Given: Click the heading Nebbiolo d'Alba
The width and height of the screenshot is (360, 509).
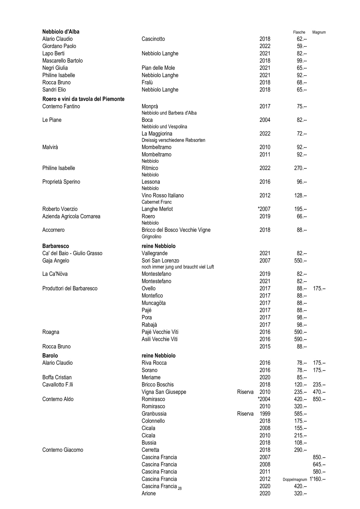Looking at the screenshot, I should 61,32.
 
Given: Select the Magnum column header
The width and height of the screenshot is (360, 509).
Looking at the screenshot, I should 319,32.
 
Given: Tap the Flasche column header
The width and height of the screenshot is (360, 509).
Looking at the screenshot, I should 299,32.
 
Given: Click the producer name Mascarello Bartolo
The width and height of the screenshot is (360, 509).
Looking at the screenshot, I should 62,61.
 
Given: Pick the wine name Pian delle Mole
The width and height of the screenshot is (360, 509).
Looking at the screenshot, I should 158,68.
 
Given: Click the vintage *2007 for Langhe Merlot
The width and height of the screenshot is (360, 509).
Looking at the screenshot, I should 264,209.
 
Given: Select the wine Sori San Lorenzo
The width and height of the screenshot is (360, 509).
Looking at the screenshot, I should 160,261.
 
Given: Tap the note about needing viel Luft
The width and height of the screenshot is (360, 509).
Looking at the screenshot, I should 178,267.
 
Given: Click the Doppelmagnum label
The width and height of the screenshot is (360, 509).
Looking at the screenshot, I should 295,480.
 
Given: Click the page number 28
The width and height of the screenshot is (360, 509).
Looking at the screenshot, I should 180,488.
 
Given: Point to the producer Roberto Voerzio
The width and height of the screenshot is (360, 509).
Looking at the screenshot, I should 60,209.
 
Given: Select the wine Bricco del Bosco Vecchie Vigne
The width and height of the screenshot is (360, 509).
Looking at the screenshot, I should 176,230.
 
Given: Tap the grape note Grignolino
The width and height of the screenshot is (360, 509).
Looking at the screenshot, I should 151,237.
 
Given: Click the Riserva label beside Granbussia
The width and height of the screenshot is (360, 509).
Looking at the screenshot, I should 245,414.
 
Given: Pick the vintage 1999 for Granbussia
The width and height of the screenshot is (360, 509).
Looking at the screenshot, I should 265,414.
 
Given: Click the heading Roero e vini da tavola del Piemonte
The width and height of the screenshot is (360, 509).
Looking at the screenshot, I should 83,99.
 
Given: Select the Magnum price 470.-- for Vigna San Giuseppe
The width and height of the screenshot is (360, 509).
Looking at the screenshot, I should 319,392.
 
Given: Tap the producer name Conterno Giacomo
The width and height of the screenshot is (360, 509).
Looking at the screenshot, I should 63,450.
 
